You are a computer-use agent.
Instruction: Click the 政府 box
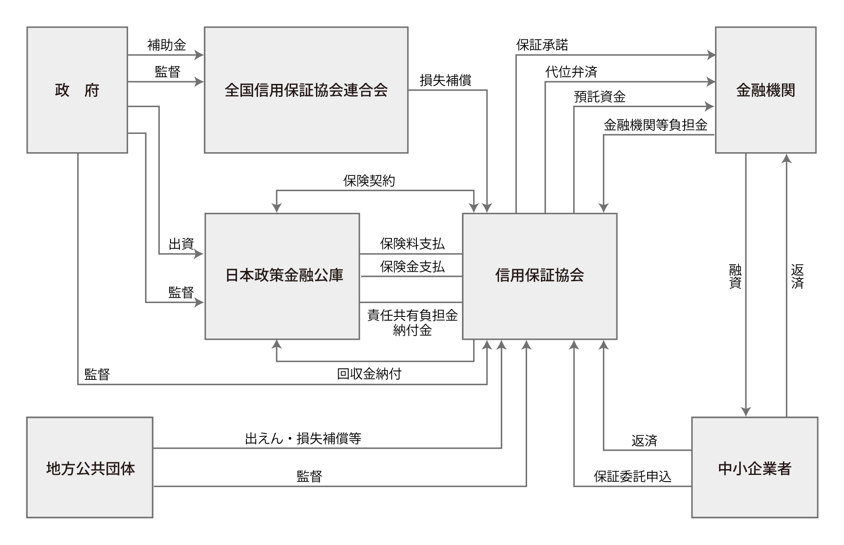(x=77, y=90)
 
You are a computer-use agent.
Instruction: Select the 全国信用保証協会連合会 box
(x=306, y=90)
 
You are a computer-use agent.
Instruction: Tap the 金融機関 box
(x=765, y=90)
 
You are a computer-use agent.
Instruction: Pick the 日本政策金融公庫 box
(x=282, y=276)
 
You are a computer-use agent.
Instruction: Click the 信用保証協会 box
(x=539, y=276)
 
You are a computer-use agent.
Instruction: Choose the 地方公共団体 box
(x=90, y=467)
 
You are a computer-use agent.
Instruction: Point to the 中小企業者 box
(x=754, y=467)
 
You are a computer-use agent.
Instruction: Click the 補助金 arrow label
(x=166, y=45)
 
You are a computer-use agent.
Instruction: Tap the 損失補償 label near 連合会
(x=445, y=80)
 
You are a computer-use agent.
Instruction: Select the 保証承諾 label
(x=542, y=45)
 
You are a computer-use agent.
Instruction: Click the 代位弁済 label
(x=571, y=71)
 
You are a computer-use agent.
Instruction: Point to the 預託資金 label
(x=599, y=97)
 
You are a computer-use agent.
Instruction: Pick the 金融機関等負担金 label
(x=655, y=125)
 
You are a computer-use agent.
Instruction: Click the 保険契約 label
(x=369, y=181)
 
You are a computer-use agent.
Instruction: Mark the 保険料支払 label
(x=412, y=244)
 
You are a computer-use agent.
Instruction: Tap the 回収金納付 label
(x=369, y=374)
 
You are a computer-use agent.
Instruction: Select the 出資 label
(x=181, y=244)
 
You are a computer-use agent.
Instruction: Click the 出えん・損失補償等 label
(x=303, y=439)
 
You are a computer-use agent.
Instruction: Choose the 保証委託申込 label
(x=632, y=477)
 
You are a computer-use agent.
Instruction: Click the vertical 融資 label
(x=735, y=276)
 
